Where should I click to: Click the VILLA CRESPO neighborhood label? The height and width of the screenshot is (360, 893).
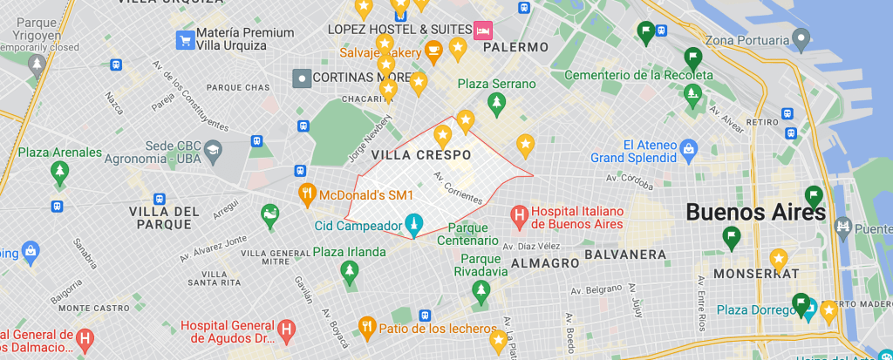pos(421,154)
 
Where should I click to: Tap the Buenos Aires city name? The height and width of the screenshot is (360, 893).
pos(755,212)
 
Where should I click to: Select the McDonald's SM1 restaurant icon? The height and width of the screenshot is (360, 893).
pos(307,194)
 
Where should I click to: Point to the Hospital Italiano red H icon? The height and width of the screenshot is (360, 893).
pos(519,214)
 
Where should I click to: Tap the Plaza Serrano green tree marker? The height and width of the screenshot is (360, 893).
pos(497,105)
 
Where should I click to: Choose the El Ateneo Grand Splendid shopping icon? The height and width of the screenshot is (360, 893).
pos(689,149)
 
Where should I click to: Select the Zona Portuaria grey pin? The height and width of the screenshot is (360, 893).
pos(801,39)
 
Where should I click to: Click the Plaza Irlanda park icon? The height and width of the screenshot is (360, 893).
pos(349,272)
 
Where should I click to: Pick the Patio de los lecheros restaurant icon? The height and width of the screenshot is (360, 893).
pos(366,326)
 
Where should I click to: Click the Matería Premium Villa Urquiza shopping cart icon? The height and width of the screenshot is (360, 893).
pos(184,38)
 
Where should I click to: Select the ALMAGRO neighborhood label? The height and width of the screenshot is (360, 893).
pos(545,262)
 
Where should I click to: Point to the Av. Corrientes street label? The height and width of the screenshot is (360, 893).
pos(457,188)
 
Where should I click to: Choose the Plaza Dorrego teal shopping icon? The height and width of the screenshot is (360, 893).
pos(810,309)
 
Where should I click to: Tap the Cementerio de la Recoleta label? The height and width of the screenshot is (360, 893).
pos(638,75)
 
